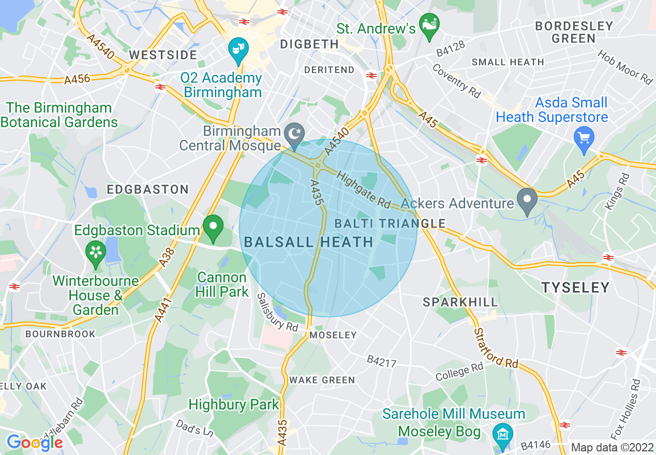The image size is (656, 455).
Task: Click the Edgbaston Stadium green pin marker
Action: (x=213, y=228)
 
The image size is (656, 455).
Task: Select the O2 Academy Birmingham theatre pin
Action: (x=238, y=50)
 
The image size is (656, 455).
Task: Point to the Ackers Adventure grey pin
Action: (x=527, y=201)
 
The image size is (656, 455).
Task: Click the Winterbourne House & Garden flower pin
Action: (x=96, y=253)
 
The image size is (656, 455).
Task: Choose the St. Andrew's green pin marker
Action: (x=428, y=25)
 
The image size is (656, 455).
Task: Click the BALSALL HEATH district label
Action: (x=308, y=242)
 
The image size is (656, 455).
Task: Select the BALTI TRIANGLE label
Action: (x=390, y=223)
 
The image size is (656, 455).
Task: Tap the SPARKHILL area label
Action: (x=460, y=302)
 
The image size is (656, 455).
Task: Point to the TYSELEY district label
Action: (x=575, y=287)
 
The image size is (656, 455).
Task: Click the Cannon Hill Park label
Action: (x=221, y=284)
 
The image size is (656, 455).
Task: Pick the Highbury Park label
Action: (x=234, y=404)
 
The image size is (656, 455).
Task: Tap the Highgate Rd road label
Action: (x=363, y=189)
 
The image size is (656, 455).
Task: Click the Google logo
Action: (x=35, y=443)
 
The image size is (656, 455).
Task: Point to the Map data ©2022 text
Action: (x=612, y=447)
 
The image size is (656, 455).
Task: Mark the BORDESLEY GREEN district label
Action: (x=574, y=32)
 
